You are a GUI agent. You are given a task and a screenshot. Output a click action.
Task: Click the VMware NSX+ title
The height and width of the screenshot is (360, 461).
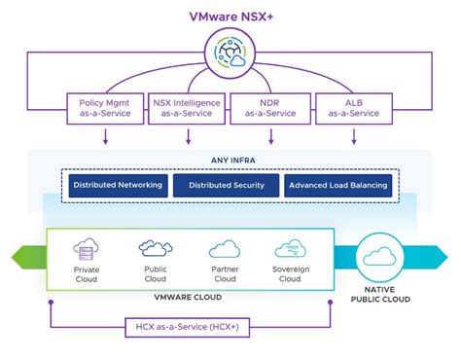coord(230,16)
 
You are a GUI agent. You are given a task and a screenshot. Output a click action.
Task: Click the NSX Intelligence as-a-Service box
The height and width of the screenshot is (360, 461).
coord(188,108)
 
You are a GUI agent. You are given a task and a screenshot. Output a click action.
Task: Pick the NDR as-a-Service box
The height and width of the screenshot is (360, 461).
coord(269,108)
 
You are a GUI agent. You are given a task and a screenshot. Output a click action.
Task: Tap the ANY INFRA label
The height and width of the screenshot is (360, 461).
coord(230,162)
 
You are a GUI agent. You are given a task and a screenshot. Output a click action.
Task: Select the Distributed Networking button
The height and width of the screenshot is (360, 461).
coord(117,185)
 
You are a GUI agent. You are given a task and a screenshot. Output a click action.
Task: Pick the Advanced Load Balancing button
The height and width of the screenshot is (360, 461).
coord(338,185)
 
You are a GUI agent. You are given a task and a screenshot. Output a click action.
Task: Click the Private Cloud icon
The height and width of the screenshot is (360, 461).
coord(87,248)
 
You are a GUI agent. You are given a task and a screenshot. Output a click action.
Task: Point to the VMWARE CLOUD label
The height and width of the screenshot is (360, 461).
coord(191,297)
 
